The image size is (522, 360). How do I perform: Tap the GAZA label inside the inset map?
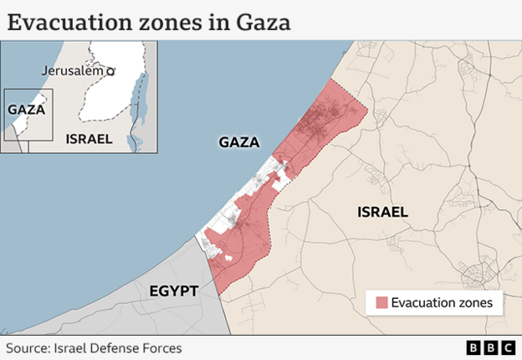coord(25,109)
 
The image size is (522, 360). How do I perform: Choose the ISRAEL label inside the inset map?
coord(88,138)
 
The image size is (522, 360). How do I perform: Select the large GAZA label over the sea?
coord(238,142)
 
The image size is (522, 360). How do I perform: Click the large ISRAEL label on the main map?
coord(381,212)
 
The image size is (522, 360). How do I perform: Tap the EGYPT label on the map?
coord(173,291)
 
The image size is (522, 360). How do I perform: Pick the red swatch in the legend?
coord(381,302)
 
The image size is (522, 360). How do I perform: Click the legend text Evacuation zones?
coord(442,302)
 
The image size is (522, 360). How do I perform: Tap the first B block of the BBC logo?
coord(473,347)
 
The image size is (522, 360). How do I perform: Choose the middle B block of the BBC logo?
coord(490,347)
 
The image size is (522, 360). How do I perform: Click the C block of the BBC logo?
coord(507,347)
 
